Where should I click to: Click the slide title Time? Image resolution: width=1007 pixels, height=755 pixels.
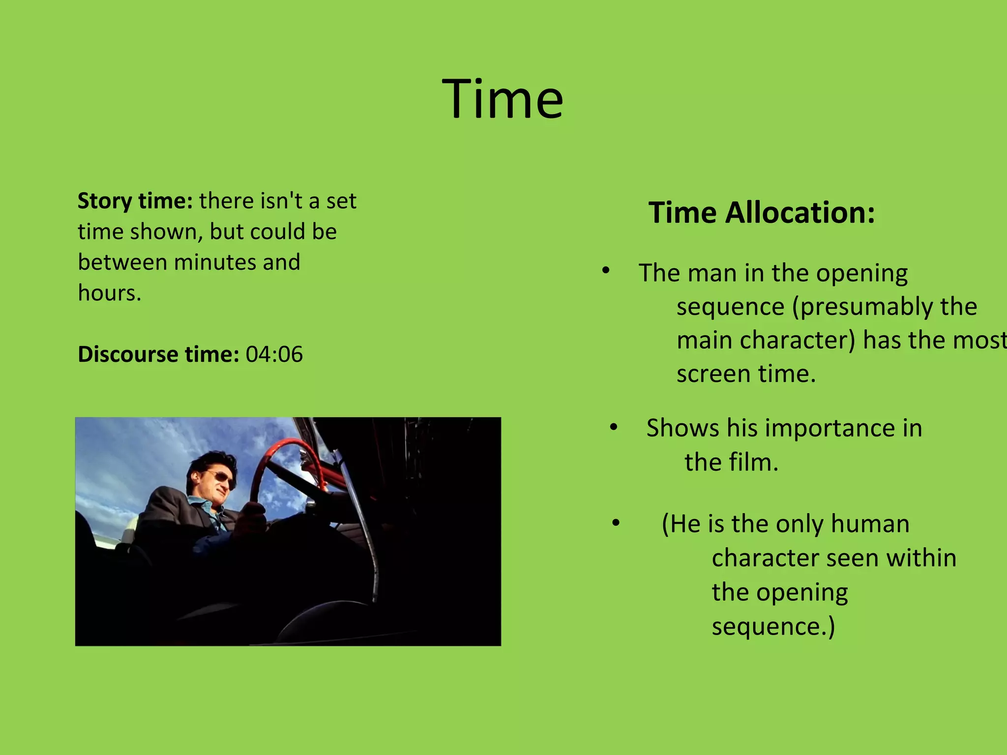pyautogui.click(x=503, y=99)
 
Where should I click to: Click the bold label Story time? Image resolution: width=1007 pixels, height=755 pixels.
pyautogui.click(x=135, y=201)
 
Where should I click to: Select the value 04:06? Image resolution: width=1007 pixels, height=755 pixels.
pyautogui.click(x=274, y=354)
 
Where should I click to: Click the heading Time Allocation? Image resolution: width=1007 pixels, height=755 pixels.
pyautogui.click(x=762, y=213)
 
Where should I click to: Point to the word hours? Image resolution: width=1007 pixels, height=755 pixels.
pyautogui.click(x=109, y=293)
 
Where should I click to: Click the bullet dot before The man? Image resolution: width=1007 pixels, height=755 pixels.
pyautogui.click(x=606, y=271)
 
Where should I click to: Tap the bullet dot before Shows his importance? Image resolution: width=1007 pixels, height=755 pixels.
pyautogui.click(x=613, y=427)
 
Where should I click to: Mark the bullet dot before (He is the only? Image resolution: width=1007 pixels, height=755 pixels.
pyautogui.click(x=616, y=523)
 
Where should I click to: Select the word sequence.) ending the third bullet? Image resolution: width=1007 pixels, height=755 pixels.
pyautogui.click(x=773, y=627)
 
